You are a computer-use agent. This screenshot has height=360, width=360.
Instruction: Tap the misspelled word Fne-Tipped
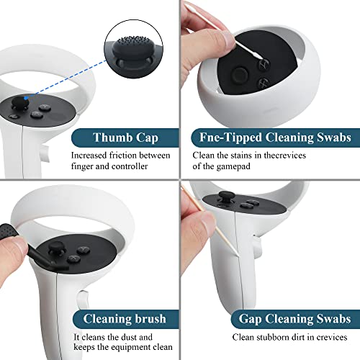230,138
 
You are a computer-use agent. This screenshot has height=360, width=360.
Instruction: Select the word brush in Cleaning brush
150,319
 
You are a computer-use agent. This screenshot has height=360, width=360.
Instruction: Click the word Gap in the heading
250,319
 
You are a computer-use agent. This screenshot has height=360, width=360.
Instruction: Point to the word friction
123,156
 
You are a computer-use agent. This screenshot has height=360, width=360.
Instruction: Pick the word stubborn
271,337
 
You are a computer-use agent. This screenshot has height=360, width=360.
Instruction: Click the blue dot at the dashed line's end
26,98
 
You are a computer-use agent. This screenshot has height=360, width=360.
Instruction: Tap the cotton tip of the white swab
258,57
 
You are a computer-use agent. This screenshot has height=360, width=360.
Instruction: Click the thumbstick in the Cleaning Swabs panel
240,74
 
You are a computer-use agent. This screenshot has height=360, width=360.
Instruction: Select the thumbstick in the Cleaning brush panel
56,248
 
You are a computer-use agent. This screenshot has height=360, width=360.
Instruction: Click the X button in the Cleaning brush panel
74,258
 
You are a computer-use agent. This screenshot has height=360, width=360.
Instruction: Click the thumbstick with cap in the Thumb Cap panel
20,102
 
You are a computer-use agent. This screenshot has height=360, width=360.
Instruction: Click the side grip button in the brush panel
83,300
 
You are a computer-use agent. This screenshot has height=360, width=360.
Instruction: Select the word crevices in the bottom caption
332,337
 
